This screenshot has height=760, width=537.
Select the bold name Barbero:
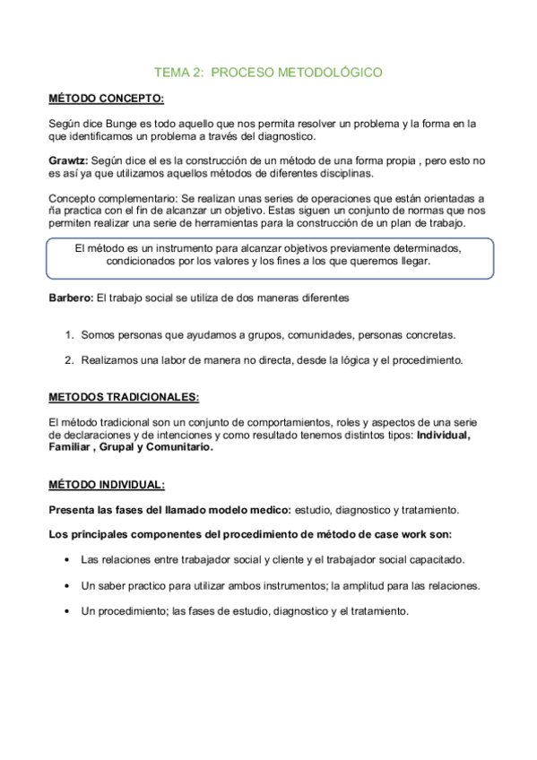pyautogui.click(x=70, y=296)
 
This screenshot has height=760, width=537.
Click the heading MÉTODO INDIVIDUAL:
pyautogui.click(x=106, y=484)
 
